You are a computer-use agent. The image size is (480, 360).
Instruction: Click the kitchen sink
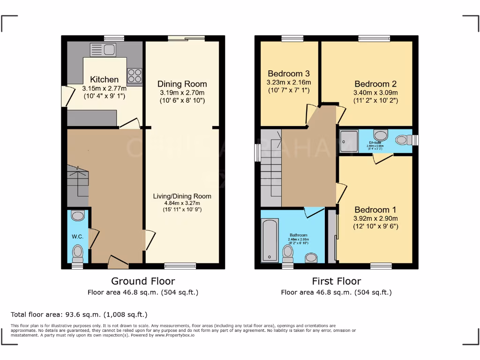(x=103, y=50)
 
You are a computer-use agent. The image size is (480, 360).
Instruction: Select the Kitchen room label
(x=104, y=79)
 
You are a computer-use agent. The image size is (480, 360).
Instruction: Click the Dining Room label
(x=182, y=84)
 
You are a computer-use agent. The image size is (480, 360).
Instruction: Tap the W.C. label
(x=77, y=236)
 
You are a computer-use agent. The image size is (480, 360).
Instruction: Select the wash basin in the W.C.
(x=78, y=216)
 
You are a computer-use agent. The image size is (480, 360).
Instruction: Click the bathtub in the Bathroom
(x=270, y=239)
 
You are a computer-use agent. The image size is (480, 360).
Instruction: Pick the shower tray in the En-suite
(x=348, y=139)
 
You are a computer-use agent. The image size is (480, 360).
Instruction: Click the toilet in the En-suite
(x=402, y=140)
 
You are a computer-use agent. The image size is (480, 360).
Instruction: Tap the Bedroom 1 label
(x=372, y=210)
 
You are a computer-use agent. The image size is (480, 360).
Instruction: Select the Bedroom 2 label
(x=375, y=84)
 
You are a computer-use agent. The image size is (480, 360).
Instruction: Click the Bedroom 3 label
(x=289, y=74)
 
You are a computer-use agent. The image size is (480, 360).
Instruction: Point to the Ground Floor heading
(x=143, y=281)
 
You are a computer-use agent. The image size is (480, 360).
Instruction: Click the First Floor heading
(x=337, y=281)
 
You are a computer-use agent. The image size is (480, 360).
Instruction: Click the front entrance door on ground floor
(x=118, y=263)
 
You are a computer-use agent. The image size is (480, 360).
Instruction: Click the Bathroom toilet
(x=288, y=254)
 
